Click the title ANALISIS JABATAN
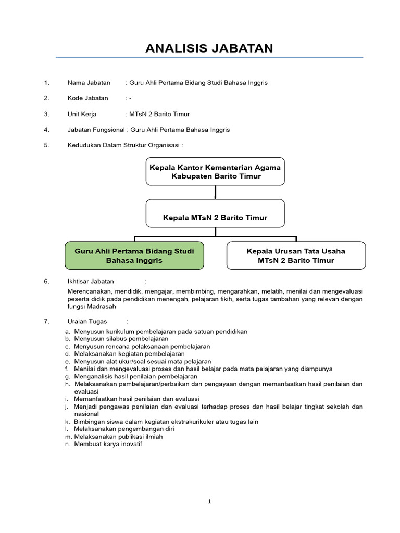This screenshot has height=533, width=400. click(209, 48)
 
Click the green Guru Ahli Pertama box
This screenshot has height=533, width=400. click(134, 255)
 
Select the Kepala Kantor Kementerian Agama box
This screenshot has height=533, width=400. click(215, 171)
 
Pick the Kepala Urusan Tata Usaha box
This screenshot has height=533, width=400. click(296, 255)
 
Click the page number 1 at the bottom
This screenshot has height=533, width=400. click(209, 502)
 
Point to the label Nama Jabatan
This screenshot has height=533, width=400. click(89, 82)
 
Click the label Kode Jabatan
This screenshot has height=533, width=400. click(88, 98)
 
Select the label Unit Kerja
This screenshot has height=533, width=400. click(82, 114)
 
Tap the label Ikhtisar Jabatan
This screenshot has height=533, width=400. click(91, 281)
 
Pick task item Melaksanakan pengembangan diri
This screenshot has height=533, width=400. click(124, 429)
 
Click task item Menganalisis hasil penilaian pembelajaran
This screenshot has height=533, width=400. click(135, 376)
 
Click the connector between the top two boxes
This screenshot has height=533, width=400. click(215, 192)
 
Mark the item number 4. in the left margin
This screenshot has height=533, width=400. click(46, 130)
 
